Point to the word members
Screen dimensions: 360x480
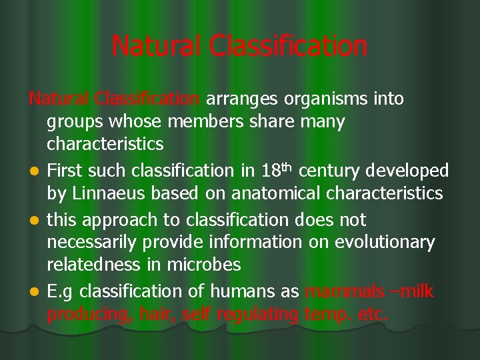199,122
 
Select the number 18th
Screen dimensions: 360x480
278,170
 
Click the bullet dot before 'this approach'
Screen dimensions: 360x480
33,220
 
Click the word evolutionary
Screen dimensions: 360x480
379,243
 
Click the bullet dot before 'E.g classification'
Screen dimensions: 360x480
33,292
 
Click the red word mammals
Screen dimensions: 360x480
344,291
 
